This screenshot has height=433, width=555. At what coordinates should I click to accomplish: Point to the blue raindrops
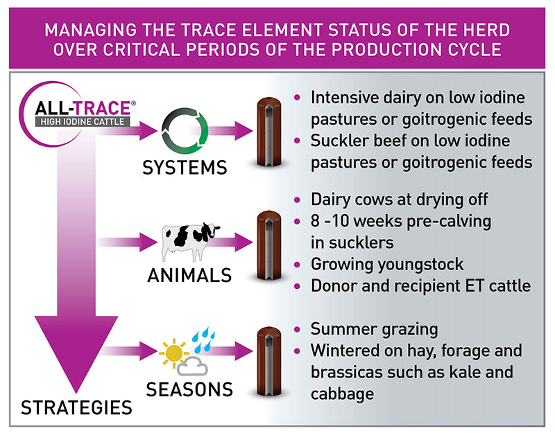(202, 339)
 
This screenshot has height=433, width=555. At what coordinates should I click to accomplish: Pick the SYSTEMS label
(185, 167)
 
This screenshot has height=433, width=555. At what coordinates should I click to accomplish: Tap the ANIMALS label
(189, 275)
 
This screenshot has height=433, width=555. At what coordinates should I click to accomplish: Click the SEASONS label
(189, 389)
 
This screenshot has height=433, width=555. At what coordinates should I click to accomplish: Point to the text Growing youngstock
(386, 264)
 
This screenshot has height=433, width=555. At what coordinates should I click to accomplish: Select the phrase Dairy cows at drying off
(400, 200)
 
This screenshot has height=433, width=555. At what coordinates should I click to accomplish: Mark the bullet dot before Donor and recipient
(298, 286)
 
